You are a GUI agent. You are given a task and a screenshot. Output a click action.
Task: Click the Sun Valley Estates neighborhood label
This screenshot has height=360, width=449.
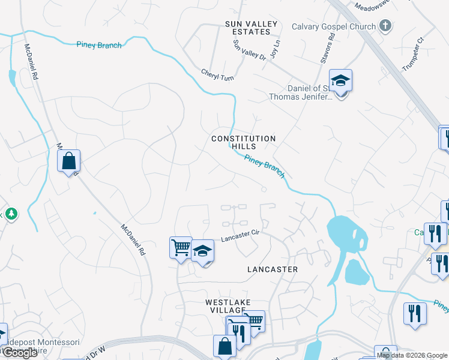click(x=252, y=28)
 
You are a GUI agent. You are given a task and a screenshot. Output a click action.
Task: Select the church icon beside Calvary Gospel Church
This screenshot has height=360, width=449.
click(x=386, y=26)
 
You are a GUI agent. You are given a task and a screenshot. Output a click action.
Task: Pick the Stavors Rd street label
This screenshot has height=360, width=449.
click(x=330, y=45)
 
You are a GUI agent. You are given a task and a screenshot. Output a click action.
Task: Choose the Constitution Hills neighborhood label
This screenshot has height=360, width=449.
click(x=243, y=142)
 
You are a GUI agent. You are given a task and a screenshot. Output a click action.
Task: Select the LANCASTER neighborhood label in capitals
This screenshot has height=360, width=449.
click(x=273, y=269)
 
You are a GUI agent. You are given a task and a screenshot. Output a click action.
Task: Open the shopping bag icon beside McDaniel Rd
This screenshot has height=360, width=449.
click(x=69, y=161)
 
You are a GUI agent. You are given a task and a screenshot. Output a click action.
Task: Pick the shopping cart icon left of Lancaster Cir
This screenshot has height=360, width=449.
click(x=181, y=248)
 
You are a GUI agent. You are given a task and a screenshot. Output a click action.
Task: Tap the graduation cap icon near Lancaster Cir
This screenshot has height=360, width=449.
click(x=203, y=251)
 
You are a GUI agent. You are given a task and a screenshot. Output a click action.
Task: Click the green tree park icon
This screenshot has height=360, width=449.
click(x=10, y=214)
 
